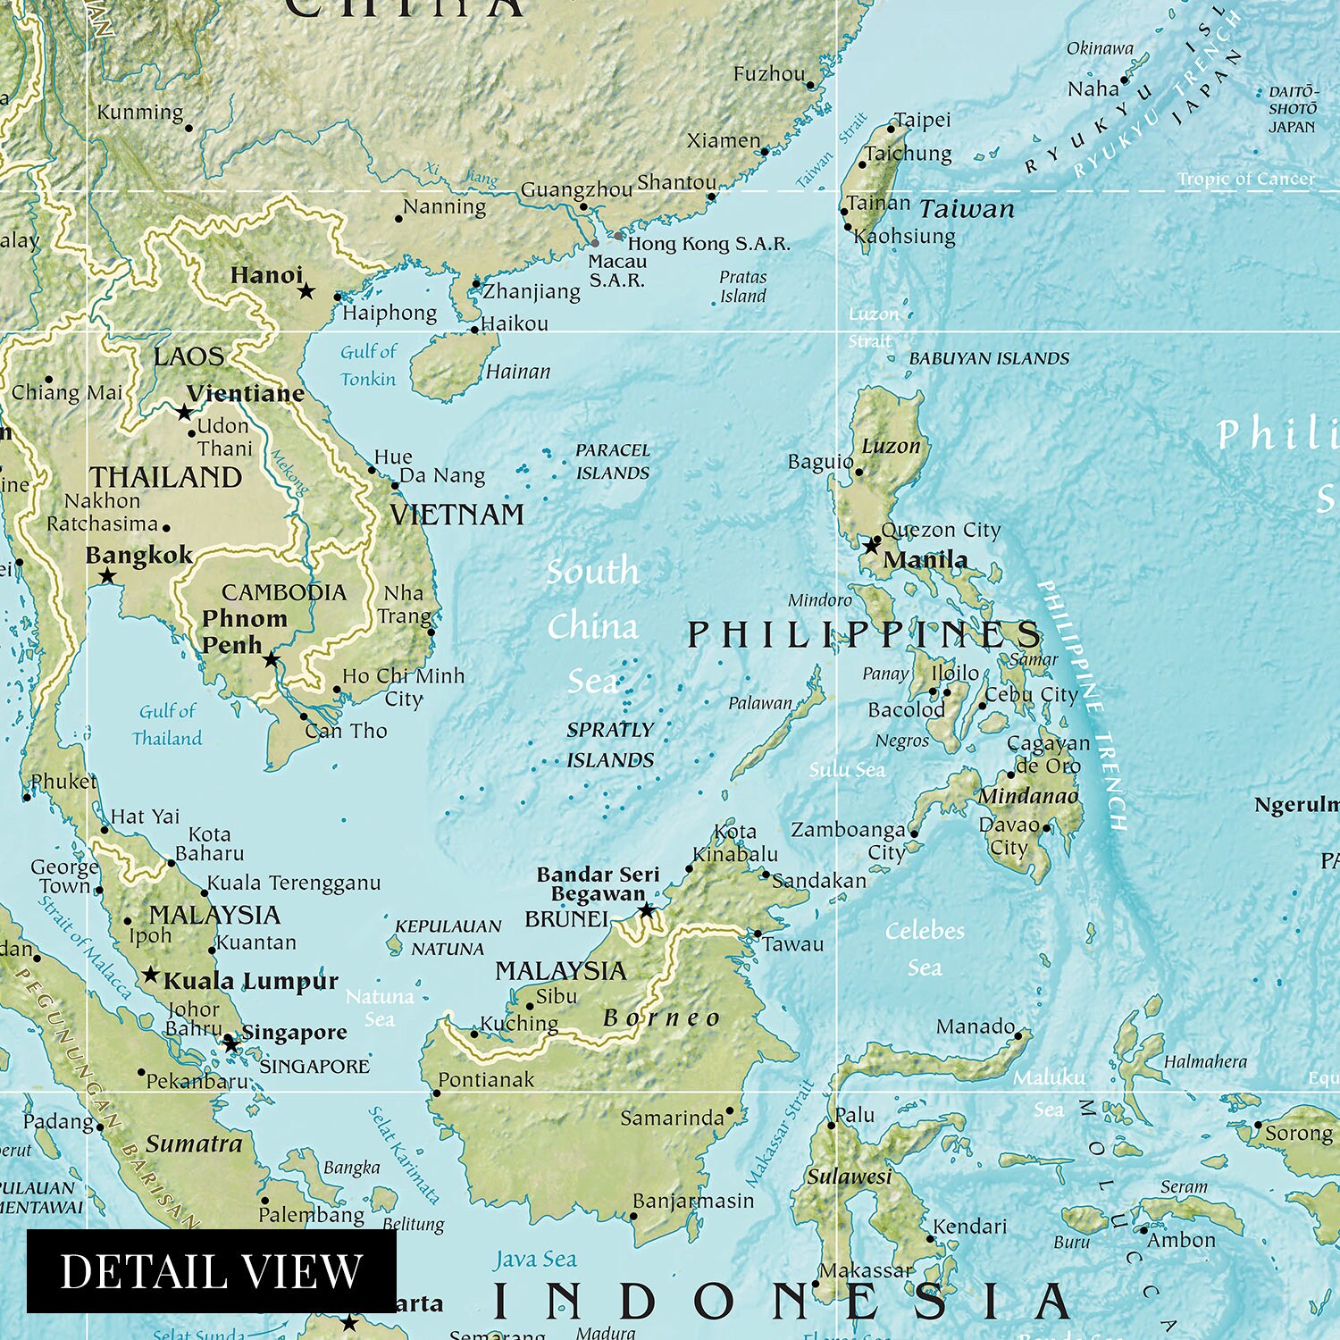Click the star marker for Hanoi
click(x=306, y=291)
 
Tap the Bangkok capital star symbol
click(x=107, y=577)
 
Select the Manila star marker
click(x=871, y=546)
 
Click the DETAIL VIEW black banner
click(x=211, y=1270)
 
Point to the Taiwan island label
click(x=967, y=210)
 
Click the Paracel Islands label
click(x=613, y=462)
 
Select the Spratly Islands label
click(x=610, y=745)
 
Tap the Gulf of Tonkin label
click(x=368, y=365)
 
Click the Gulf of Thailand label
click(x=167, y=724)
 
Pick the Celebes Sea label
click(x=925, y=949)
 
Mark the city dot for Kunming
click(x=188, y=129)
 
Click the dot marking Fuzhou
click(x=810, y=86)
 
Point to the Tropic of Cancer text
click(x=1245, y=179)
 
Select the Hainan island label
click(x=518, y=372)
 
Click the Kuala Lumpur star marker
click(x=151, y=975)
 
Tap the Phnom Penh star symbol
click(x=272, y=660)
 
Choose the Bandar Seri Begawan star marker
click(x=646, y=910)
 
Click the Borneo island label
click(x=661, y=1018)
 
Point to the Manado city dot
click(x=1019, y=1035)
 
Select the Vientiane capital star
click(x=184, y=413)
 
